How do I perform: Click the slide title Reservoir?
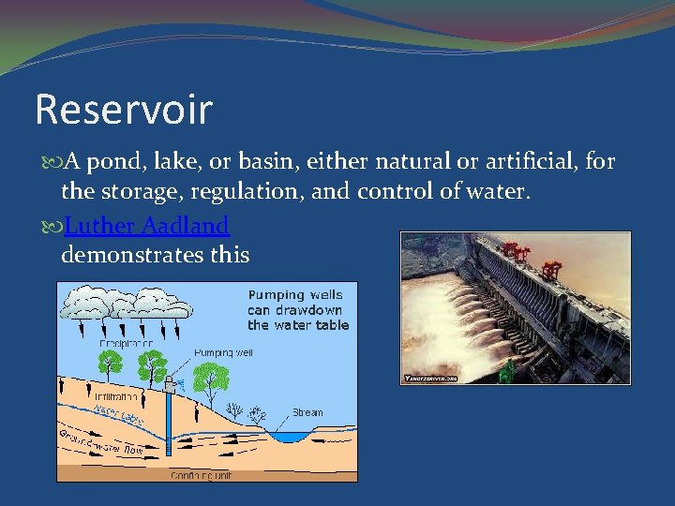pos(124,110)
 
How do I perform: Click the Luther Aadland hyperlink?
pos(148,226)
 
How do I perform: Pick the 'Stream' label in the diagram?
pos(307,412)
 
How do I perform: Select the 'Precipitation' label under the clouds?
pos(127,344)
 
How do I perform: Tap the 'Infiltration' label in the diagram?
pos(117,395)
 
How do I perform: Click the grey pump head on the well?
pos(170,383)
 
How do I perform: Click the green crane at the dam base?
pos(506,372)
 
